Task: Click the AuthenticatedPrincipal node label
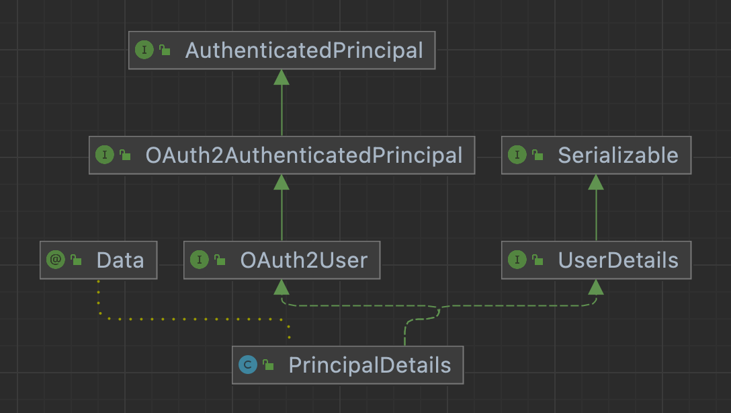304,50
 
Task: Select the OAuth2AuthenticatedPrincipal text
304,155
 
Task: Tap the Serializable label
617,155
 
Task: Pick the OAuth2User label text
304,260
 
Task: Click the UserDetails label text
618,260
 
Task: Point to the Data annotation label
120,260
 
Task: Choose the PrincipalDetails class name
370,365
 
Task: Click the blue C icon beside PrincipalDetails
248,365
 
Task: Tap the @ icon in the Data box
56,260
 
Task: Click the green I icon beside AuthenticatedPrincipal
144,50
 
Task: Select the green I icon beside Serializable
517,155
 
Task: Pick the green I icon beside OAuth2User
200,260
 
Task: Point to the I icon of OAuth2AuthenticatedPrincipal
105,155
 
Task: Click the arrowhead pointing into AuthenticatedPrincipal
282,77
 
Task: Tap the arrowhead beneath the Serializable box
596,182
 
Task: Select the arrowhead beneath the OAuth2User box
282,287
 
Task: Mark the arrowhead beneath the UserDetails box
596,287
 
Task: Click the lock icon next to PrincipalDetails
268,366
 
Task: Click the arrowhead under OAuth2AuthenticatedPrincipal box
282,182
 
